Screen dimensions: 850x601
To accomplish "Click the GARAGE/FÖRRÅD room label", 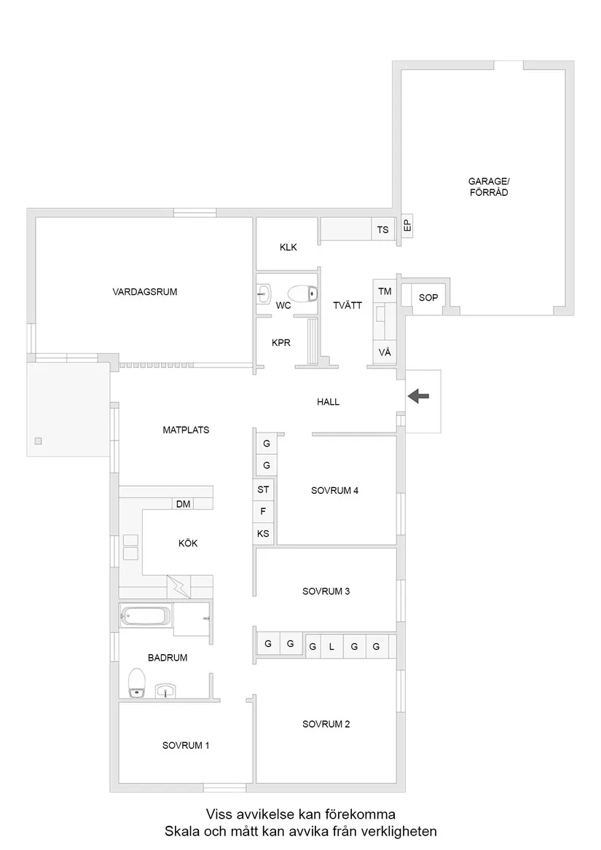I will coord(487,187).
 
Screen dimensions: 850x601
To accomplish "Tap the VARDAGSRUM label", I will coord(145,291).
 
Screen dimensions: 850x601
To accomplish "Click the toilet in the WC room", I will coord(305,294).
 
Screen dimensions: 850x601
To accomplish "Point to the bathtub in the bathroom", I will coord(145,618).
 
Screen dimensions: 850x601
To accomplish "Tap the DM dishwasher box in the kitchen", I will coord(183,503).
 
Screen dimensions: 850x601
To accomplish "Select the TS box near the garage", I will coord(382,230).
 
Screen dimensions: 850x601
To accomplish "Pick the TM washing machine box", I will coord(385,291).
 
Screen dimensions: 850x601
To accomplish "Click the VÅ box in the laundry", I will coord(385,353).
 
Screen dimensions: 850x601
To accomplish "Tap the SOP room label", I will coord(428,298).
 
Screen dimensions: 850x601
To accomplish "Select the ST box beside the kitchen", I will coord(263,490).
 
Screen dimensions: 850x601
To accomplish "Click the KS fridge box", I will coord(263,534).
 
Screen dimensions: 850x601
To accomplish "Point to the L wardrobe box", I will coord(331,646).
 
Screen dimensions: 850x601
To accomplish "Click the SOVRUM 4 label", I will coord(334,490).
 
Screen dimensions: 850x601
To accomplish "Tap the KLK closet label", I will coord(288,247).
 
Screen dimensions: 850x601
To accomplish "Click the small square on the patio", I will coord(38,441).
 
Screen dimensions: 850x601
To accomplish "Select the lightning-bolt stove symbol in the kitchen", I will coord(178,586).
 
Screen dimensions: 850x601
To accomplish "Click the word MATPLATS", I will coord(186,430).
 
